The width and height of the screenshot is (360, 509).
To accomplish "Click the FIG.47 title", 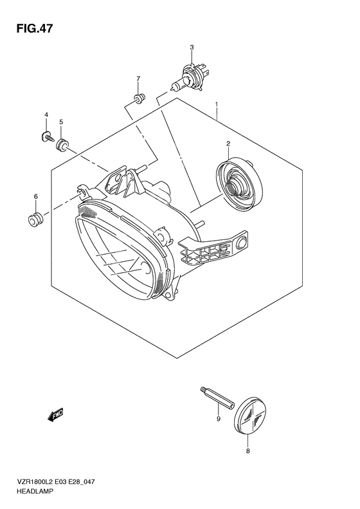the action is point(34,29).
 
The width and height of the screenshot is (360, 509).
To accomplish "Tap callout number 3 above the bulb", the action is point(192,48).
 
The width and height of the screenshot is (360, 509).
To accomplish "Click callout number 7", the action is point(138,79).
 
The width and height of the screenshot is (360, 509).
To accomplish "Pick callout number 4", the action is point(46,115).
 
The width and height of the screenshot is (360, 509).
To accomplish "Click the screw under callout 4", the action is point(48,137).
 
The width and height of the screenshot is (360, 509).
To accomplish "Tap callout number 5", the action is point(61,122).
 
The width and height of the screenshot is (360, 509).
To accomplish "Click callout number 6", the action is point(35,196).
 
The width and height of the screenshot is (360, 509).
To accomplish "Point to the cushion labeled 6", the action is point(35,220).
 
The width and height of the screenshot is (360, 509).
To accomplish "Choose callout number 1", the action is point(217,104).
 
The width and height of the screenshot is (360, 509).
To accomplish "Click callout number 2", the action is point(228,143).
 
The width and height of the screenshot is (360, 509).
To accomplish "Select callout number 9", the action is point(219,419).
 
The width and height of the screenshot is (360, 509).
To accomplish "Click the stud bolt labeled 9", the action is point(218,398).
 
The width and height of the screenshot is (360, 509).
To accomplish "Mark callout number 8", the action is point(248,451).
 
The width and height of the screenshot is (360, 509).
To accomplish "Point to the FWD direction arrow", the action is point(55,414).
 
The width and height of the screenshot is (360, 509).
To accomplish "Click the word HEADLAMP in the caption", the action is point(34,492).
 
